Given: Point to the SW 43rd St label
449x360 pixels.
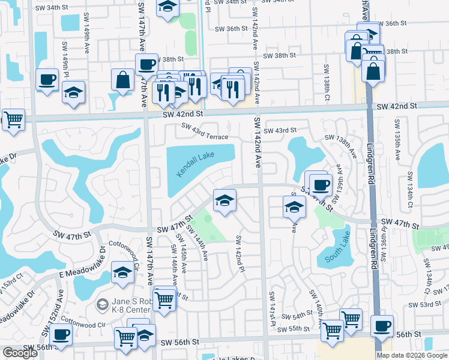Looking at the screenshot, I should click(x=280, y=130).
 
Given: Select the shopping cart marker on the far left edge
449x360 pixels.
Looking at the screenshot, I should click(x=13, y=118).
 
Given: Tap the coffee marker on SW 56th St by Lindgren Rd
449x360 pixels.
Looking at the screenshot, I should click(x=382, y=326).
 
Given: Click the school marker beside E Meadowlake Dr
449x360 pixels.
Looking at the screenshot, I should click(x=123, y=273).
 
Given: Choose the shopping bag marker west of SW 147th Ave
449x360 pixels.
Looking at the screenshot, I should click(x=122, y=79).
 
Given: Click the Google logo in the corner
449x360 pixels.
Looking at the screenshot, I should click(x=20, y=353).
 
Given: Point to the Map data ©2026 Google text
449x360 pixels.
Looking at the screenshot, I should click(x=412, y=355).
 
